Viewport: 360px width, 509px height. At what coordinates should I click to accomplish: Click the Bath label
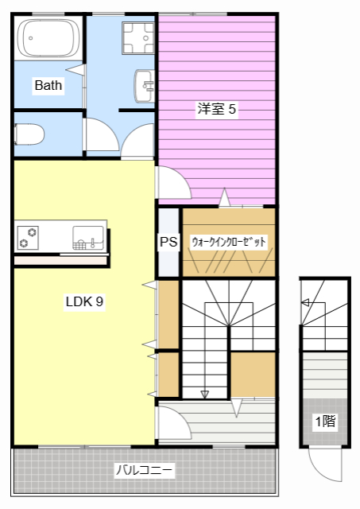pos(48,85)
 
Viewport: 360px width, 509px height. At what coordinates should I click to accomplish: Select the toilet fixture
pos(29,134)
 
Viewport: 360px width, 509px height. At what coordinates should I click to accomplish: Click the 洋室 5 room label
pos(216,110)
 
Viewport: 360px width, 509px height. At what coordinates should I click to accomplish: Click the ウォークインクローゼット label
pos(228,242)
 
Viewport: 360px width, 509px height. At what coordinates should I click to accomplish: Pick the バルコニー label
pos(145,470)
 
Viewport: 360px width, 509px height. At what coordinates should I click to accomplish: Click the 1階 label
pos(324,422)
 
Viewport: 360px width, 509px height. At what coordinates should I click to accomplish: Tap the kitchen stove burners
pos(29,236)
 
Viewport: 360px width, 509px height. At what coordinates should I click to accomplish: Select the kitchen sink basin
pos(87,236)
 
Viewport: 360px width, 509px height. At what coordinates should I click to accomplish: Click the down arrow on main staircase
pos(205,393)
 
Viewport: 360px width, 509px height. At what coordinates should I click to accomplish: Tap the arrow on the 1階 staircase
pos(304,302)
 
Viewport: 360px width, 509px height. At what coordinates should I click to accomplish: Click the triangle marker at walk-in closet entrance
pos(226,196)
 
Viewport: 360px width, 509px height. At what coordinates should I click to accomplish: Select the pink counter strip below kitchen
pos(60,260)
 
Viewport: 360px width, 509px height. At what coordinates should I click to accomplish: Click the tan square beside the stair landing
pos(253,374)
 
